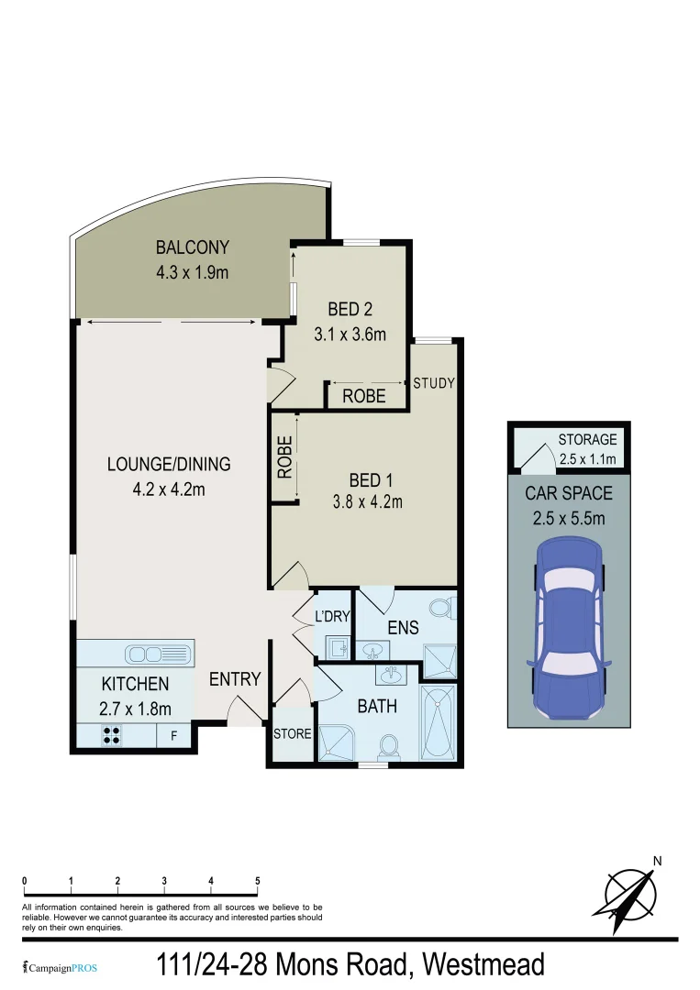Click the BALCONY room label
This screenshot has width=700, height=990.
coord(192,247)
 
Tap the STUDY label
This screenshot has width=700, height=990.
coord(434,383)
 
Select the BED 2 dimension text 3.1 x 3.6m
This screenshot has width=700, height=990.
coord(350,335)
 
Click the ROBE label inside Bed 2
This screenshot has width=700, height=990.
coord(364,397)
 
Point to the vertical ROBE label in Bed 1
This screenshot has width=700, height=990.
coord(284,457)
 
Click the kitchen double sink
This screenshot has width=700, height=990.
coord(160,654)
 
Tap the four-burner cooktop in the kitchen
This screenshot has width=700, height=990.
coord(112,734)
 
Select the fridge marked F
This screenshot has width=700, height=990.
coord(173,735)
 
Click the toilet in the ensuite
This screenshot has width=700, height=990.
coord(442,608)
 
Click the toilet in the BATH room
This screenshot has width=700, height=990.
coord(388,746)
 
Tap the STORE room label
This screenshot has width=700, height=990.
coord(293,734)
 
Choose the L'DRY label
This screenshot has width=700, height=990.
coord(332,617)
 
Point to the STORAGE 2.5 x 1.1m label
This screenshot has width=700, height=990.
coord(587,449)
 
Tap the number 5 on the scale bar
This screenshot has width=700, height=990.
coord(258,881)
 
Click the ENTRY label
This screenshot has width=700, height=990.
coord(235,679)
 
